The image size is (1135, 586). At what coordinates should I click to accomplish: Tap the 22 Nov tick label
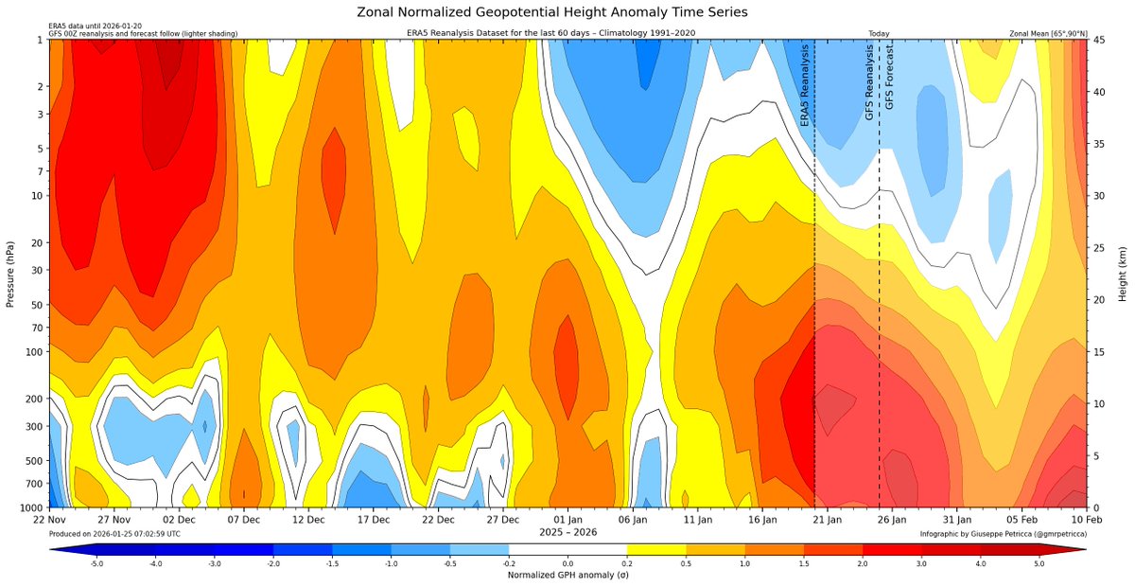coord(49,520)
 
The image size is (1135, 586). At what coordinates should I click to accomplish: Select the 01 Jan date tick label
coord(567,520)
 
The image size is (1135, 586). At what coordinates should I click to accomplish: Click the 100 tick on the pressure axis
coord(32,351)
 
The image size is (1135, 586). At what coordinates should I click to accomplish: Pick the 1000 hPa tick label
coord(28,507)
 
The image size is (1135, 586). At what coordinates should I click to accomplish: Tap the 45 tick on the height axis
coord(1101,40)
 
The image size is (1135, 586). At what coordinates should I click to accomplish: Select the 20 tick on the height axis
coord(1101,299)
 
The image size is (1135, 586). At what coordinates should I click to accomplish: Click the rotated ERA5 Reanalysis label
coord(805,85)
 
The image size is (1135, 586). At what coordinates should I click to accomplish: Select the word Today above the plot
coord(879,33)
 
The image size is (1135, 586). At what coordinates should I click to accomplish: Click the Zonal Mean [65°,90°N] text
coord(1049,33)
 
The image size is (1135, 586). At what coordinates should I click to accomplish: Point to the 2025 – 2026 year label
coord(567,533)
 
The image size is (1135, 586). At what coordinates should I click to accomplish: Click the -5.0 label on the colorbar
coord(96,563)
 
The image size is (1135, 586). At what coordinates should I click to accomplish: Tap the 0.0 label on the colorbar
coord(567,563)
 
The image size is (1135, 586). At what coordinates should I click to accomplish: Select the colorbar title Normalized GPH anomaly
coord(567,575)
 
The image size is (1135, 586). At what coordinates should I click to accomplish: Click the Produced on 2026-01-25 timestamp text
coord(113,534)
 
